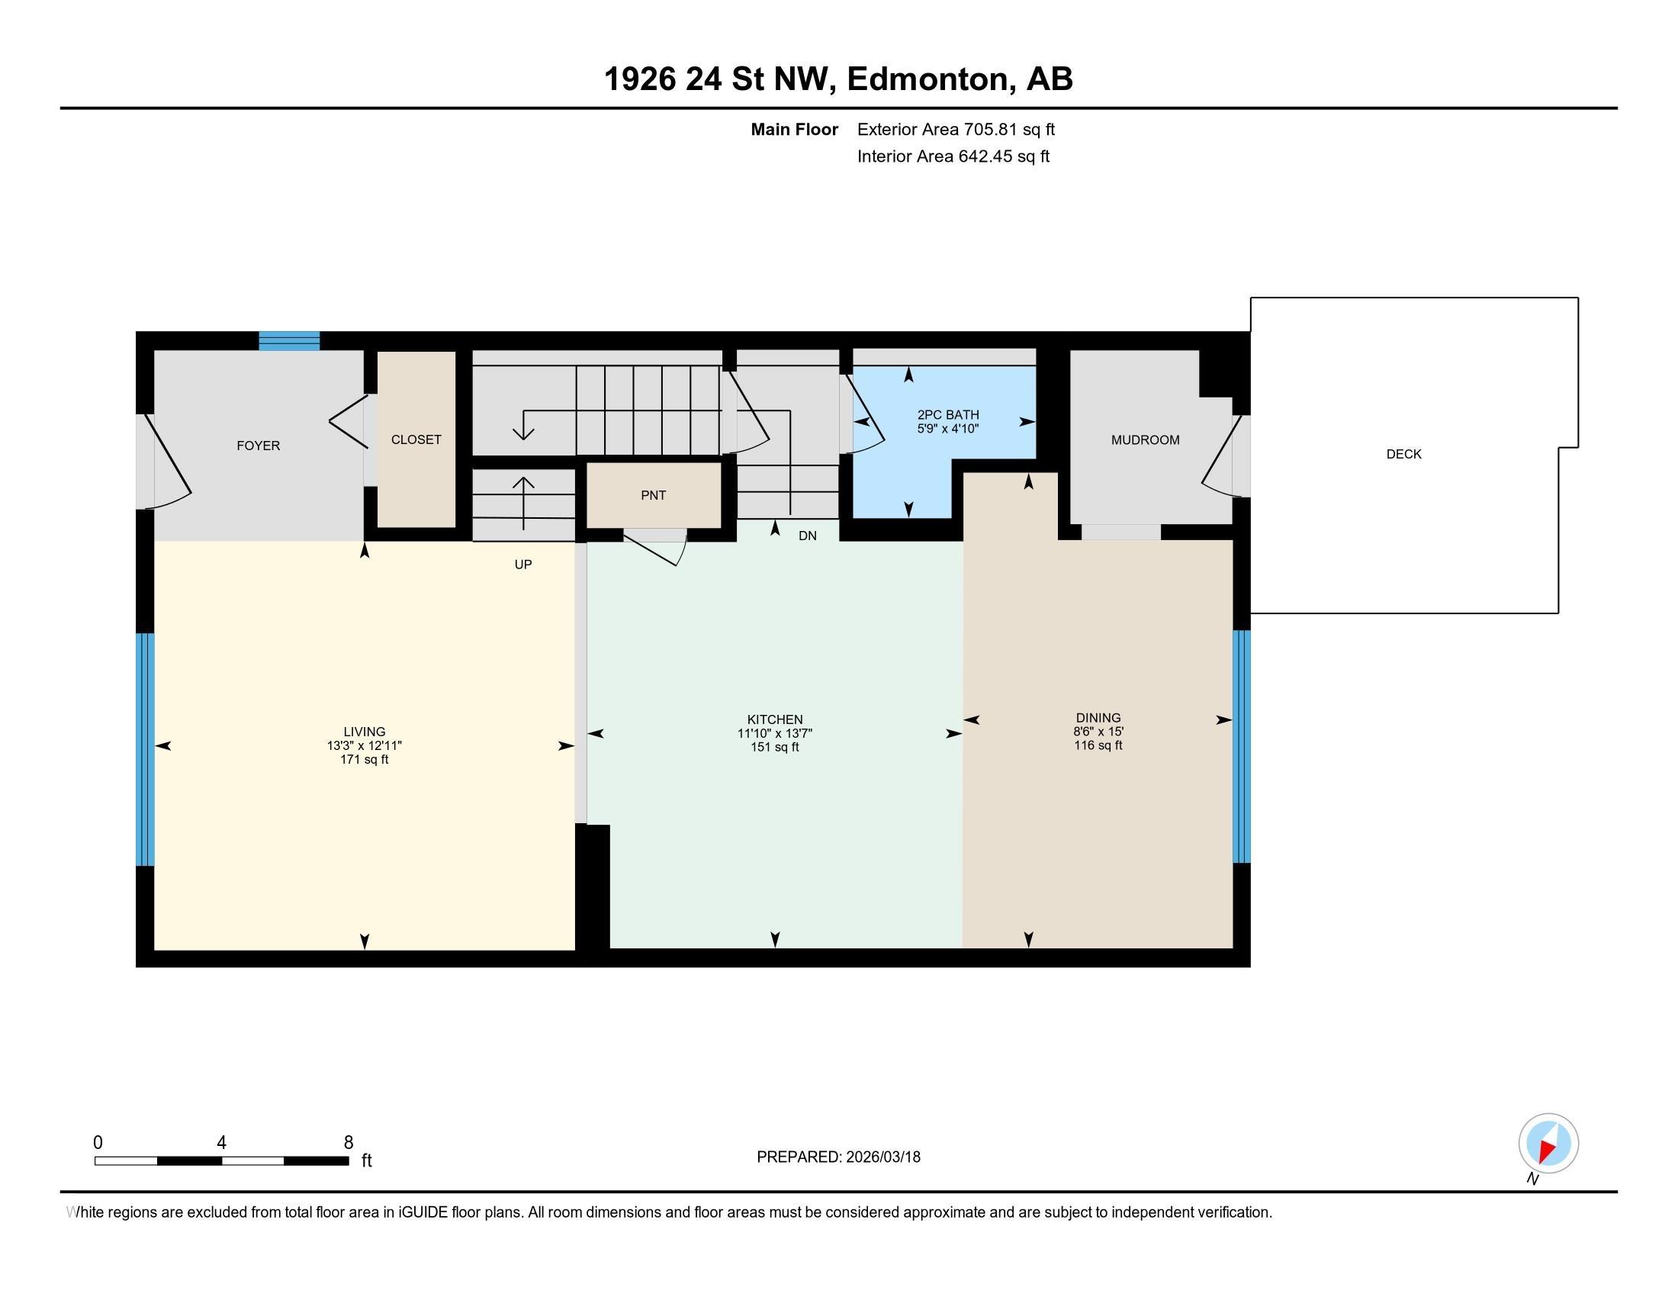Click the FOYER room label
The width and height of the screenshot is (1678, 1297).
(x=258, y=446)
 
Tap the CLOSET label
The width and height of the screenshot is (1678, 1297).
(x=416, y=439)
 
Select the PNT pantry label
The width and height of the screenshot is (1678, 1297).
(x=653, y=496)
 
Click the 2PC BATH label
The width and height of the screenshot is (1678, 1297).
(x=947, y=415)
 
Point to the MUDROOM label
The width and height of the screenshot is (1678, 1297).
(x=1145, y=439)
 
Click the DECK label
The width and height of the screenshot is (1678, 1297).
(x=1403, y=454)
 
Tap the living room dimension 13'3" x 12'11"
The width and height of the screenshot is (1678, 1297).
(x=364, y=745)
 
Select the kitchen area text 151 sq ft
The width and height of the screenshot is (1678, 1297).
(x=774, y=747)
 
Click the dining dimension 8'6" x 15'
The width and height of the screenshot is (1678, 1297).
(x=1098, y=732)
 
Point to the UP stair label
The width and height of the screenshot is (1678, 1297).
(x=523, y=565)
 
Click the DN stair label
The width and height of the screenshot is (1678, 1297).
(x=807, y=536)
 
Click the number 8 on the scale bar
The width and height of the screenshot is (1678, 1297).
(x=348, y=1143)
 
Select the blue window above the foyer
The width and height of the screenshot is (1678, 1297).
(x=289, y=340)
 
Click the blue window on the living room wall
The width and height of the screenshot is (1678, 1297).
(x=145, y=749)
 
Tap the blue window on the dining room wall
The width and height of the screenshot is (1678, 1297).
(x=1241, y=746)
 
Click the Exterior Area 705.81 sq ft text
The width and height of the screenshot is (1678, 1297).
(x=956, y=130)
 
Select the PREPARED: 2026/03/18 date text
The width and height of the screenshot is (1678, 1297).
(x=838, y=1157)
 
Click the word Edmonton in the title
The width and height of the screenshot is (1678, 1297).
(x=927, y=79)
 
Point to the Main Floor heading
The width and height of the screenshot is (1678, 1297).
(x=794, y=130)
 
